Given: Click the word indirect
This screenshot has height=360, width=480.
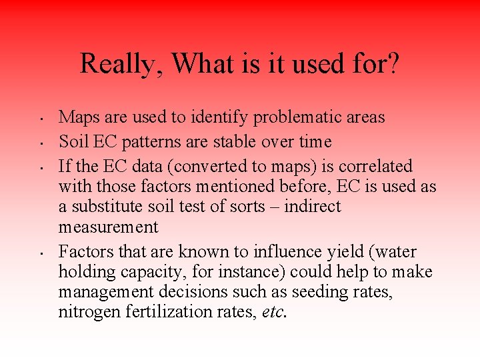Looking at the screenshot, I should pos(313,207).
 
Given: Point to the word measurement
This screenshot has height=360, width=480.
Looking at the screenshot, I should pos(109,227).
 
